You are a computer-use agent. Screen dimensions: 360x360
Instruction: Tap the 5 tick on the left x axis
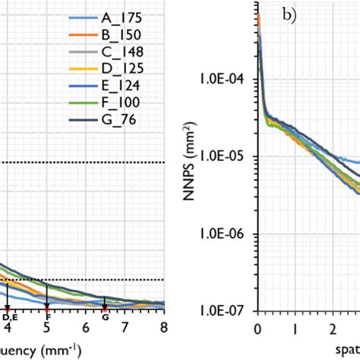(x=46, y=327)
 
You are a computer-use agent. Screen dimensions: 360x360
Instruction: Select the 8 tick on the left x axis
(x=163, y=327)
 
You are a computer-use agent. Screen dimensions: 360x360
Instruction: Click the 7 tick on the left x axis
(x=125, y=327)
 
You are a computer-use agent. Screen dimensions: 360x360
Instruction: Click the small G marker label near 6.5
(x=105, y=316)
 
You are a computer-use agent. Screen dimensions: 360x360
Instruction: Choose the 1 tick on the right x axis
(x=295, y=327)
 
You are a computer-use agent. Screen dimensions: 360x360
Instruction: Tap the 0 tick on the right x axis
(x=258, y=327)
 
